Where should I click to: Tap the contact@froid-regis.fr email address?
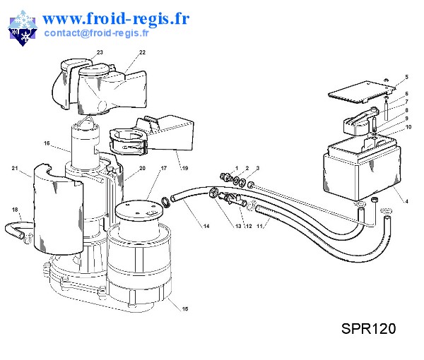click(x=96, y=32)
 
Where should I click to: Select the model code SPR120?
click(x=367, y=329)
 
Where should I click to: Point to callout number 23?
click(x=100, y=53)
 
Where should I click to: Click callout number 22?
click(x=142, y=53)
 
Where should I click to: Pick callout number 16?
click(x=47, y=143)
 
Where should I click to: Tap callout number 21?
click(x=14, y=168)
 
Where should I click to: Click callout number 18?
click(x=14, y=210)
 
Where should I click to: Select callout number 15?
click(x=185, y=309)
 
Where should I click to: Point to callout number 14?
click(x=206, y=226)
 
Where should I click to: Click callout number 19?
click(x=185, y=169)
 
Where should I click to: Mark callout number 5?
click(x=406, y=76)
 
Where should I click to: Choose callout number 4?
click(x=406, y=203)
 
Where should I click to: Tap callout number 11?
click(x=259, y=226)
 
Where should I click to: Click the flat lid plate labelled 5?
click(x=360, y=90)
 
